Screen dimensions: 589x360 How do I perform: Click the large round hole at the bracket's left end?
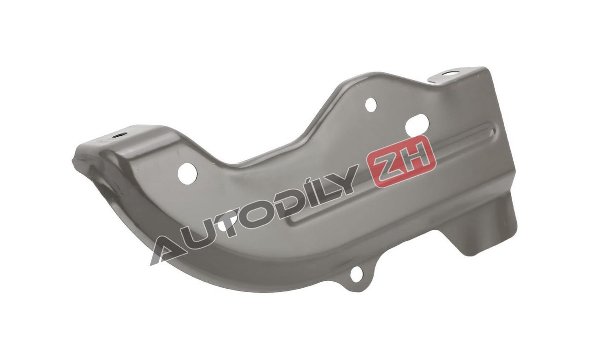(x=187, y=173)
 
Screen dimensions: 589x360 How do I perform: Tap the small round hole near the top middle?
(x=371, y=104)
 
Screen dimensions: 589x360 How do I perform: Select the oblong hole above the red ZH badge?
(x=417, y=124)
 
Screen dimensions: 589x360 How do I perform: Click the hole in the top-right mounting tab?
(x=450, y=71)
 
